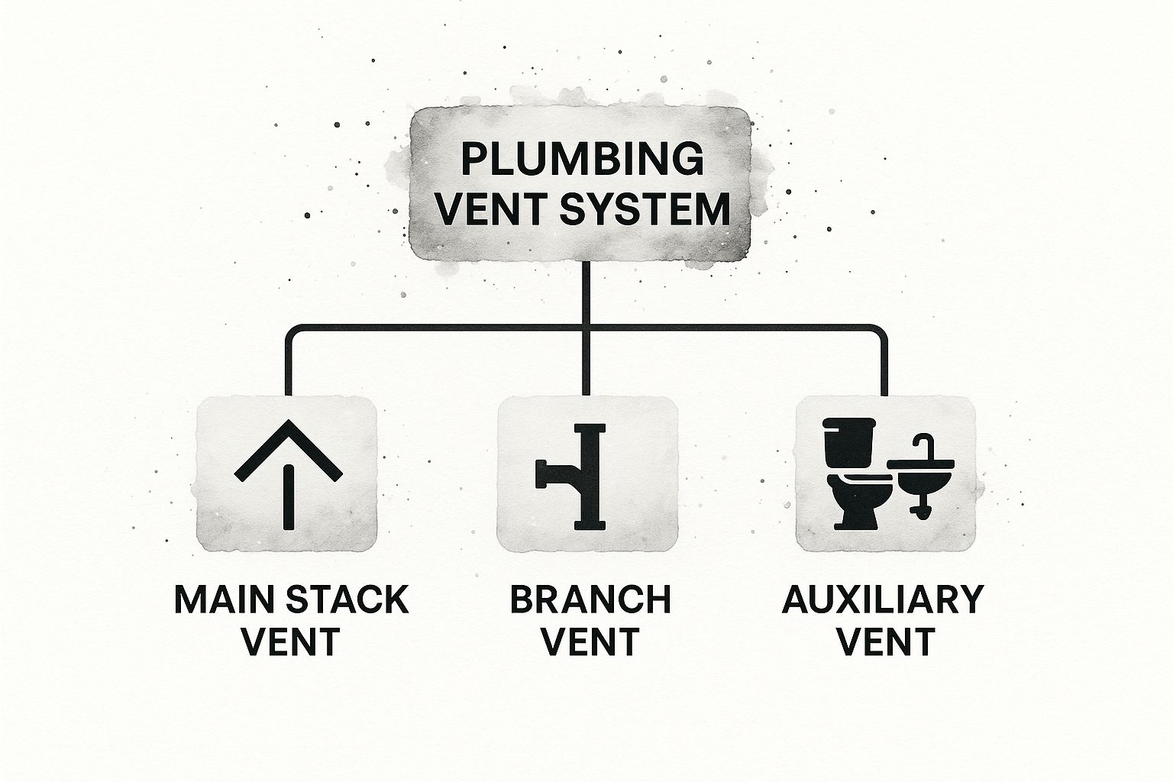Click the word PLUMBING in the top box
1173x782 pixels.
[x=583, y=160]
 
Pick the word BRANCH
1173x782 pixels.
[x=590, y=600]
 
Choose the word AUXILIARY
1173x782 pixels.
[x=882, y=600]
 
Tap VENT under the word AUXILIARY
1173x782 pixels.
[x=886, y=642]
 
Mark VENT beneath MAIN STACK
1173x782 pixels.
[x=290, y=642]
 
